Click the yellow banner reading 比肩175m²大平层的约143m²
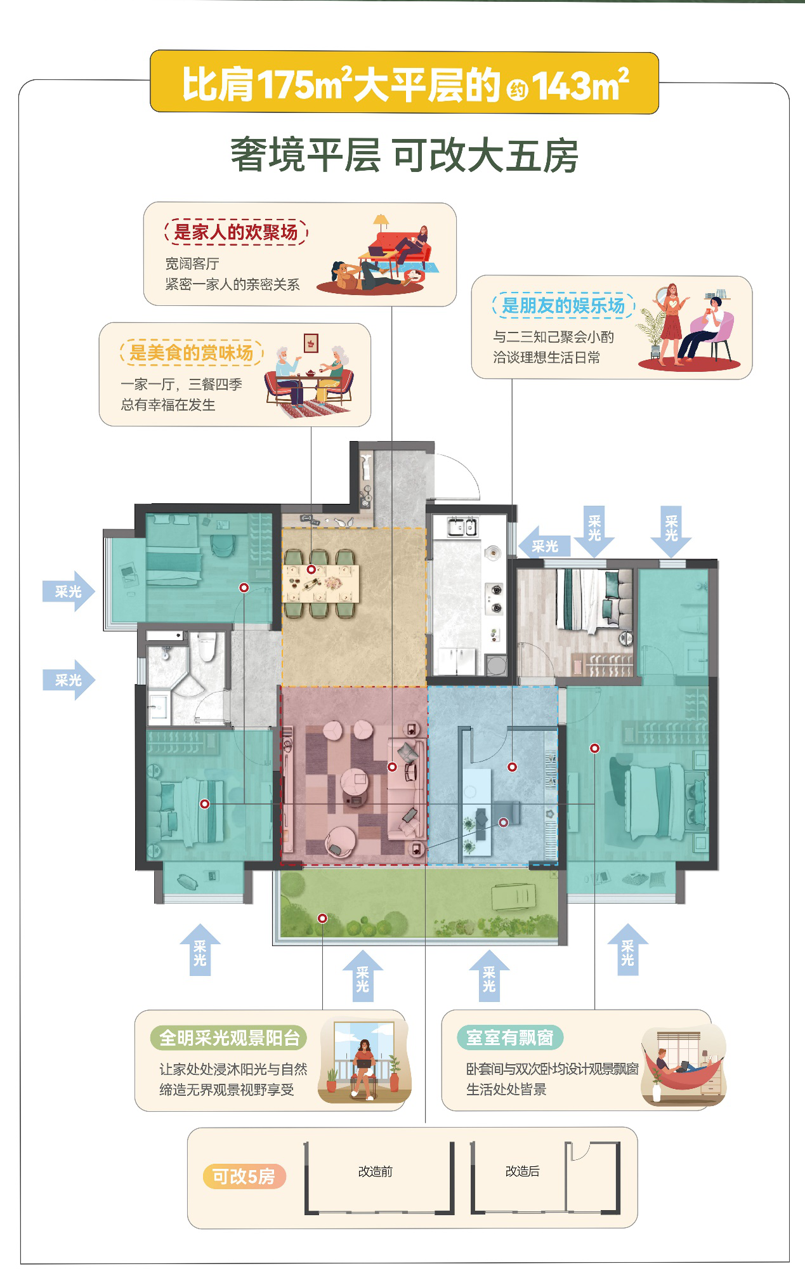[404, 82]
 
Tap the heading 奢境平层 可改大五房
[404, 155]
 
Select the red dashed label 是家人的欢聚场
[236, 232]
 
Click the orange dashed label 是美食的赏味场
[192, 352]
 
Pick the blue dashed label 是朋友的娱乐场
[563, 305]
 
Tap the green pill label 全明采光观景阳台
[229, 1038]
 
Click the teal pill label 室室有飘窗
[510, 1038]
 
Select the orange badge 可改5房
[244, 1176]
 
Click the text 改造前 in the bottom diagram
[376, 1171]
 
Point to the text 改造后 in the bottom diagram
[523, 1171]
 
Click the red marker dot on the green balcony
[322, 918]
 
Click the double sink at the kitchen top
[462, 527]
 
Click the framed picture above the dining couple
[311, 343]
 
